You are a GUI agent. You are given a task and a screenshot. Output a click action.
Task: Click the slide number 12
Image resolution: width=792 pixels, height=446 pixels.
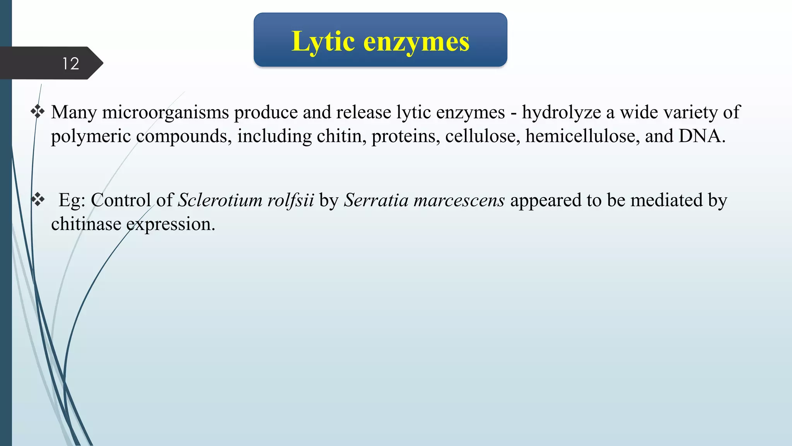(71, 63)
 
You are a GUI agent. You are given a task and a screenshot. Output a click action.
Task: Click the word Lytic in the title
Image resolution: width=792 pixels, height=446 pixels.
(323, 41)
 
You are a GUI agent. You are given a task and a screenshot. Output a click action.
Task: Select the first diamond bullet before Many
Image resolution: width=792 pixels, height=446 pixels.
(38, 112)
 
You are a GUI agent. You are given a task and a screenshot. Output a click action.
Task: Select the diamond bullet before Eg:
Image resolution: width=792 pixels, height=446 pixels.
(38, 200)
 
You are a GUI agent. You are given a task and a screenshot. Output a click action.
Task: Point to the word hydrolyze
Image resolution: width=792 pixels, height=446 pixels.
(561, 113)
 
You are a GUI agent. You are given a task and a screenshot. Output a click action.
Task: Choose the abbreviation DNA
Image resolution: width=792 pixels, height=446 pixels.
(702, 136)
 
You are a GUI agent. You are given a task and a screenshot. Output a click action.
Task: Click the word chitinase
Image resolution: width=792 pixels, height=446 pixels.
(86, 224)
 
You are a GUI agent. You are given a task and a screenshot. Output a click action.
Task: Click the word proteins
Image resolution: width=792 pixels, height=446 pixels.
(406, 137)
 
